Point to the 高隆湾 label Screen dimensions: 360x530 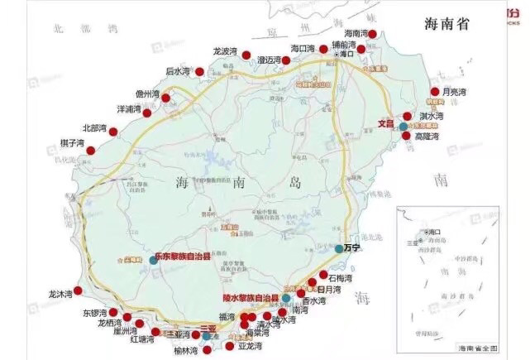coord(427,135)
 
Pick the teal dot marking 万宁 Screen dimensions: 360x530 coord(339,248)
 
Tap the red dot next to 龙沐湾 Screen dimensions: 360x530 coord(78,290)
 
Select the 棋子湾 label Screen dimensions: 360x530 coord(73,143)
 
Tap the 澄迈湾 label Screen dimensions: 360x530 coord(270,60)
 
